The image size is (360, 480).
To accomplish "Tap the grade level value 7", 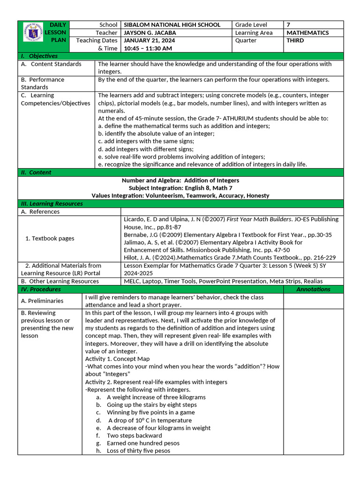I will point(288,25).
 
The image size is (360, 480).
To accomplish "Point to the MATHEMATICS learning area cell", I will point(307,33).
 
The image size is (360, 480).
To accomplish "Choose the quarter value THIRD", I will point(295,41).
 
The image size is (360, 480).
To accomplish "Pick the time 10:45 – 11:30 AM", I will point(148,48).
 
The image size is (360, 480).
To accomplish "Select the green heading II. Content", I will point(37,172).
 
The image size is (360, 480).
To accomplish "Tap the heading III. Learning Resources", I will point(52,204).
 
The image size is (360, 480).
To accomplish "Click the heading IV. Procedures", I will point(41,289).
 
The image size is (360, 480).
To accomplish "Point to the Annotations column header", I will point(313,289).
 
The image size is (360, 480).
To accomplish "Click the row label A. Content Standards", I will point(51,64).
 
